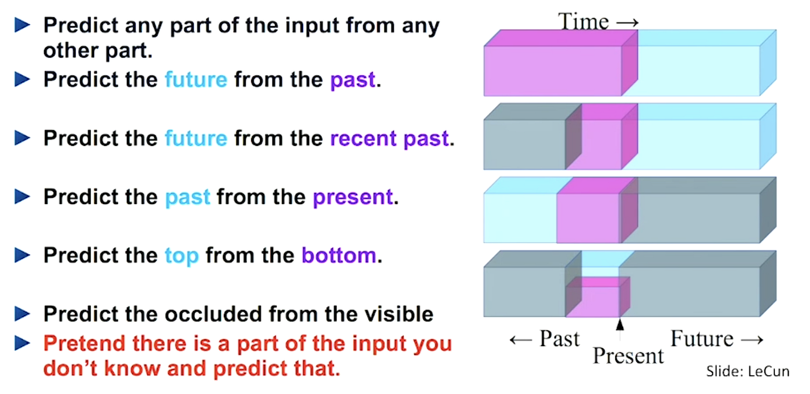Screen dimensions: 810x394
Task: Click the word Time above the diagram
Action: tap(583, 21)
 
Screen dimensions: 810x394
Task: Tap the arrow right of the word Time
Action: tap(628, 23)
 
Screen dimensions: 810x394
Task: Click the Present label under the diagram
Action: tap(628, 356)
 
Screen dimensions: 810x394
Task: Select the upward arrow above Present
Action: tap(620, 329)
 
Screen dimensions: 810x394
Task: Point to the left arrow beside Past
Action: tap(521, 339)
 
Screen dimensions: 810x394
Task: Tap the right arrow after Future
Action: tap(752, 339)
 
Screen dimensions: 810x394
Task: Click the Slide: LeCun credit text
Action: tap(748, 372)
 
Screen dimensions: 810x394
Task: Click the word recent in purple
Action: tap(363, 138)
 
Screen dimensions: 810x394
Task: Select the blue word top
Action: tap(181, 256)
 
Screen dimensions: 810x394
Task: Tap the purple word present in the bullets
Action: tap(353, 197)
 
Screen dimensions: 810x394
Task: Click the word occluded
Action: tap(214, 314)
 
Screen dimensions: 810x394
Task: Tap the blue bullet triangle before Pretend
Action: tap(22, 343)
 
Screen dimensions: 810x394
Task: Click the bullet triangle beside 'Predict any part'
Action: tap(22, 25)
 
